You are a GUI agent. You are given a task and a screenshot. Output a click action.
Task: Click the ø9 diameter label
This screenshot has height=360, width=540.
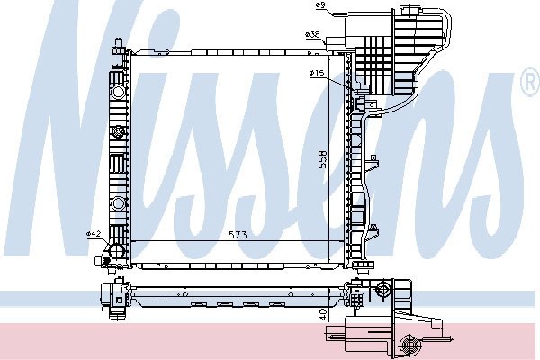coord(320,4)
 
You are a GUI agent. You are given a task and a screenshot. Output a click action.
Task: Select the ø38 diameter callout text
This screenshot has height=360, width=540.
coord(312,34)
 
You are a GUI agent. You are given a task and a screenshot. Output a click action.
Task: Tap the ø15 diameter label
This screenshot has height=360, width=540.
coord(317,73)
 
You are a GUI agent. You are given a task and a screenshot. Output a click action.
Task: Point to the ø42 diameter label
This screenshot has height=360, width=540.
coord(94,234)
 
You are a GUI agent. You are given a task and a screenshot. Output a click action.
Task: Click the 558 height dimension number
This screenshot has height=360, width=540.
coord(323,159)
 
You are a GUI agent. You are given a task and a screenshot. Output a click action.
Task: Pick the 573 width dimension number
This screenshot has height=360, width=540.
coord(238,235)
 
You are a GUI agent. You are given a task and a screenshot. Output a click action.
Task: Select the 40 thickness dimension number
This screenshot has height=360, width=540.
coord(323,314)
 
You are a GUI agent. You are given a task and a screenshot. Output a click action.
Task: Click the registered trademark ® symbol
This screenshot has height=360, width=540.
coord(530,82)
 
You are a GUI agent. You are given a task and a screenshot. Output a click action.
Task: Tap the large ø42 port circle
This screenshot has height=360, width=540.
coord(116,250)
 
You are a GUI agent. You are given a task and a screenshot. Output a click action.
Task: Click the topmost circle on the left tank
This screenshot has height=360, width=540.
coord(118,92)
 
